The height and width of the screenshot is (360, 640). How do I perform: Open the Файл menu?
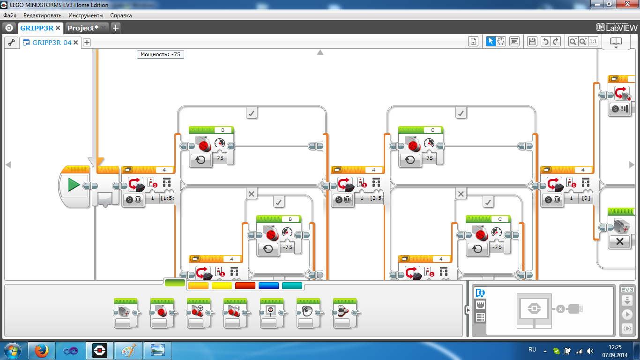(10, 15)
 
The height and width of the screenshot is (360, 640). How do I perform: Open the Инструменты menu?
(86, 15)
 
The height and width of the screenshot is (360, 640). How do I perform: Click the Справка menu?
(121, 15)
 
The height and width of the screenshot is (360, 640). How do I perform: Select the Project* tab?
(83, 28)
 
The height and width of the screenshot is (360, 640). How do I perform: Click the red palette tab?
(245, 285)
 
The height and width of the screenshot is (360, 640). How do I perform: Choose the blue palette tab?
(268, 285)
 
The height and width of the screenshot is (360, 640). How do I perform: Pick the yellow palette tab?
(222, 285)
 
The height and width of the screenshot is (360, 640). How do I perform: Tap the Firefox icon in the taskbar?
(42, 350)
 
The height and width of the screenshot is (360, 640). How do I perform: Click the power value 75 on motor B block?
(219, 158)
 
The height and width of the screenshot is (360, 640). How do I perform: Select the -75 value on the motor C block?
(497, 247)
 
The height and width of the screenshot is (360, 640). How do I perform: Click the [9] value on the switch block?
(586, 198)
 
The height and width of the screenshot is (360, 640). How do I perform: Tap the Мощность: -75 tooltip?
(160, 54)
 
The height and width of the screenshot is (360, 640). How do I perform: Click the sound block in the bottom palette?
(308, 312)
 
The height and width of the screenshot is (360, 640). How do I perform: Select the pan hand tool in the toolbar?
(501, 41)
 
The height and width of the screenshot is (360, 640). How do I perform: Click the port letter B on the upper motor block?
(223, 130)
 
